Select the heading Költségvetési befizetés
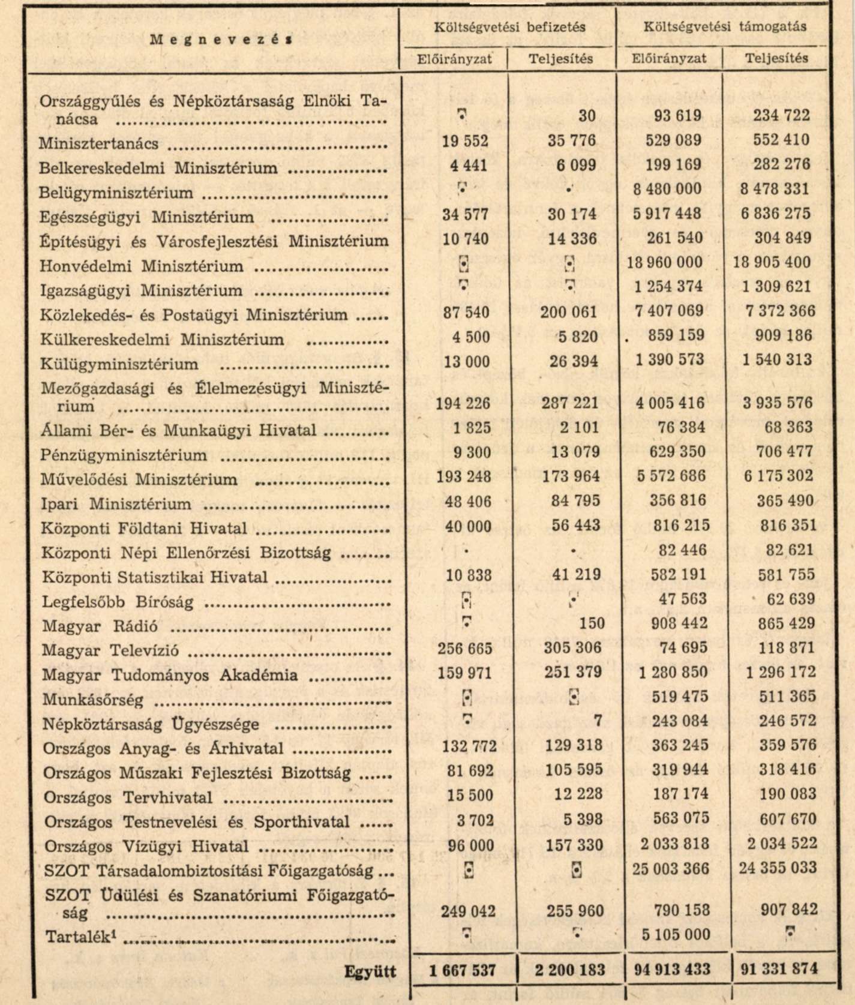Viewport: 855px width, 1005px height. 509,26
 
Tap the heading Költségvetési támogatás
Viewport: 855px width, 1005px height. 725,26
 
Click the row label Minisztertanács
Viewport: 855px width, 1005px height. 98,144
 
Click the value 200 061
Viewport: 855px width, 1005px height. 569,312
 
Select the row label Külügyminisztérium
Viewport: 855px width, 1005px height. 119,364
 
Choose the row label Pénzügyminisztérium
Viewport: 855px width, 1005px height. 124,455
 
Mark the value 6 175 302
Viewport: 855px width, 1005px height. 778,476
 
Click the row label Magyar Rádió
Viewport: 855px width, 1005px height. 100,626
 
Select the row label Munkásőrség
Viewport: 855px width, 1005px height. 93,700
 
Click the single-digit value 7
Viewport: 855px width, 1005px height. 597,721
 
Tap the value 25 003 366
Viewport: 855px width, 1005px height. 671,869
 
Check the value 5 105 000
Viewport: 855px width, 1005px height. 676,935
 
